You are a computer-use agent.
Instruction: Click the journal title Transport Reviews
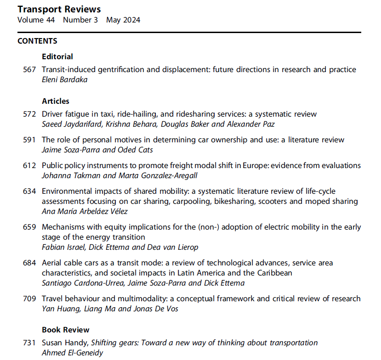point(59,9)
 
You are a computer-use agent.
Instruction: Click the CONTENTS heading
point(37,41)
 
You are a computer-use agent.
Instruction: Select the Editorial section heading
point(57,57)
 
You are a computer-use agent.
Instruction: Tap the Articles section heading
point(55,101)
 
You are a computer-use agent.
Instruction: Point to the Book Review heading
point(65,330)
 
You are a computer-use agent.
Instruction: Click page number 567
point(29,70)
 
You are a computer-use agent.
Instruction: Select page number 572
point(29,114)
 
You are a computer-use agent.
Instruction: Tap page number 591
point(29,140)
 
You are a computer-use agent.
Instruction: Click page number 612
point(29,165)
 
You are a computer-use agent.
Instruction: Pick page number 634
point(29,191)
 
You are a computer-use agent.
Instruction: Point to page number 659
point(29,227)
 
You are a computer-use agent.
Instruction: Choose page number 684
point(29,263)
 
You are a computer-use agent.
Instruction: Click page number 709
point(29,299)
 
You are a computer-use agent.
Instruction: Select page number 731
point(29,343)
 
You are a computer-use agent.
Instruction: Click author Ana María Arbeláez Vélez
point(84,211)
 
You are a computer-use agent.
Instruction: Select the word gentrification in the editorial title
point(117,70)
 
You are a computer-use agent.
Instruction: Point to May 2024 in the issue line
point(123,20)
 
